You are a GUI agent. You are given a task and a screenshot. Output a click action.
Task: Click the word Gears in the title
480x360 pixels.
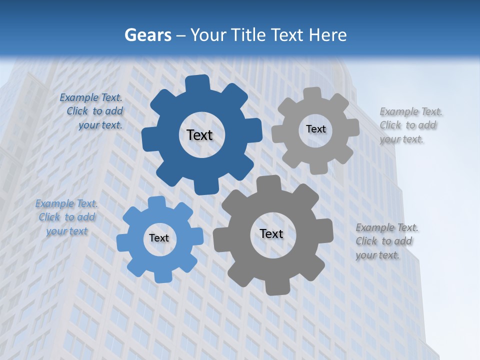point(148,35)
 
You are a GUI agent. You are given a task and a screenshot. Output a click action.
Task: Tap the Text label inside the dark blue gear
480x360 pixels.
point(199,135)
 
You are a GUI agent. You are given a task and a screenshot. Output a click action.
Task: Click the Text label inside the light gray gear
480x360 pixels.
point(315,129)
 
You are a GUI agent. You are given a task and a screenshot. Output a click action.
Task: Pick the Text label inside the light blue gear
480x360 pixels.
point(159,238)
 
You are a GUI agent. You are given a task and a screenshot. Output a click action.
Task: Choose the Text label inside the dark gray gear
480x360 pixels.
point(271,233)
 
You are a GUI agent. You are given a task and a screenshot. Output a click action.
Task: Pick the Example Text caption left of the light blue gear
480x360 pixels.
point(66,217)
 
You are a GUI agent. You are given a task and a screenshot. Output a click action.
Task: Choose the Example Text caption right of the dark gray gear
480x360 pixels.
point(386,241)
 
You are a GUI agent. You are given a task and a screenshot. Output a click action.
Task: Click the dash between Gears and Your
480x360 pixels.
point(181,35)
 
